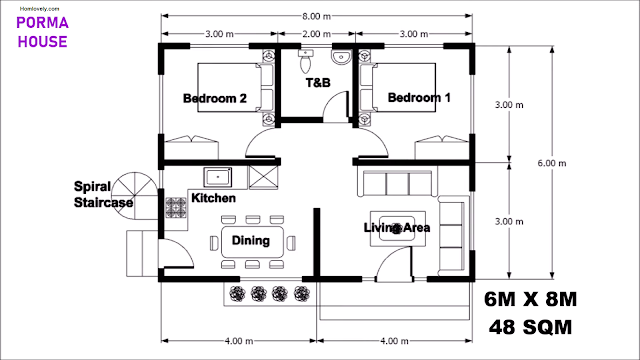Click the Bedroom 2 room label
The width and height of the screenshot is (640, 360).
tap(215, 98)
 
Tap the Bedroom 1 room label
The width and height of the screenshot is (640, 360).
tap(419, 98)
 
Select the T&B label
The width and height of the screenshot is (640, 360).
tap(318, 83)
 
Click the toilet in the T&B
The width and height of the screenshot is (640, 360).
tap(305, 61)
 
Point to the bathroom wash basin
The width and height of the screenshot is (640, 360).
tap(341, 57)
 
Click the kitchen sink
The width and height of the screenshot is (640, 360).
tap(218, 177)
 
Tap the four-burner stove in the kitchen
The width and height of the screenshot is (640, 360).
tap(176, 207)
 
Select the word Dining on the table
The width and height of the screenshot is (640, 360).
tap(251, 240)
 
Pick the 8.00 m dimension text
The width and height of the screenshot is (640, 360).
tap(316, 16)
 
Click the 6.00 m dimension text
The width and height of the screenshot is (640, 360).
tap(552, 163)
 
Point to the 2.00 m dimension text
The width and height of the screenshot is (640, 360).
tap(316, 34)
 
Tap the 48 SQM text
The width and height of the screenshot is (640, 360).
tap(531, 327)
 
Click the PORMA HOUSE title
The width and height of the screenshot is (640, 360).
tap(42, 32)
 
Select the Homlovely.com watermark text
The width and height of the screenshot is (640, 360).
tap(39, 9)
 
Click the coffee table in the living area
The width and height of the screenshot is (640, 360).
tap(398, 229)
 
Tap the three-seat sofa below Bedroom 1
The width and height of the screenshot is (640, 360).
tap(397, 183)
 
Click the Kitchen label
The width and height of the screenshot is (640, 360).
tap(213, 198)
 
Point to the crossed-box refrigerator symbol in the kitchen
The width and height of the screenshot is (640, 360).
tap(263, 178)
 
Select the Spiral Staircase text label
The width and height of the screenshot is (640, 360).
tap(103, 195)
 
